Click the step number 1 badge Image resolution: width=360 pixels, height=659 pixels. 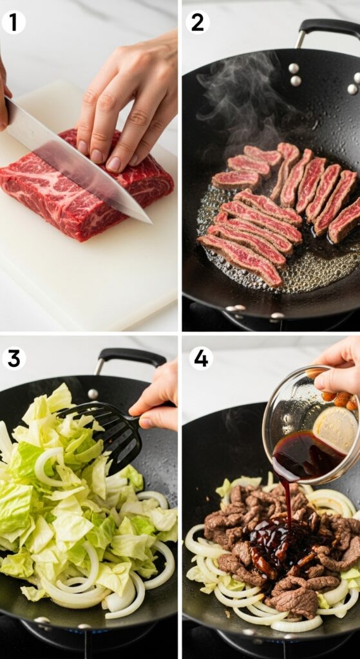click(x=13, y=23)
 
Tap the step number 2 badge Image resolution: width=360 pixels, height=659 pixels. click(x=197, y=23)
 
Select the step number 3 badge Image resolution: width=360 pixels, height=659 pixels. click(x=13, y=358)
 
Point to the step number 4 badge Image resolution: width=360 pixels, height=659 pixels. click(x=201, y=358)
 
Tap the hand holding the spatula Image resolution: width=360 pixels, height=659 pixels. click(x=158, y=399)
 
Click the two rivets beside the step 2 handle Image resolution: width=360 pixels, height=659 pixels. click(x=295, y=74)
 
